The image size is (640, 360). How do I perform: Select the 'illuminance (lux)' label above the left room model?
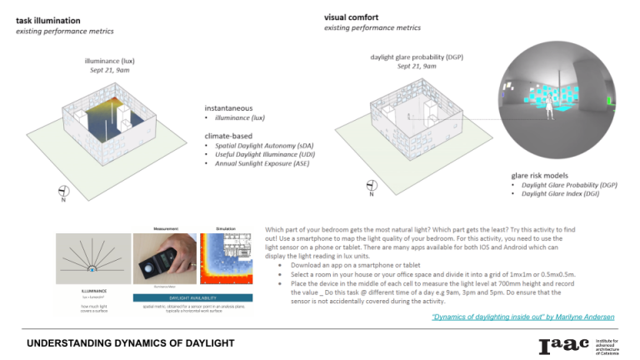pyautogui.click(x=113, y=61)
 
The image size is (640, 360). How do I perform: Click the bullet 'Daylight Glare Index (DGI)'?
pyautogui.click(x=555, y=193)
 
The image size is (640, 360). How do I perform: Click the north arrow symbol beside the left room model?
pyautogui.click(x=63, y=191)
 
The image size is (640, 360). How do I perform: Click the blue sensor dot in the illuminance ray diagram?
pyautogui.click(x=92, y=269)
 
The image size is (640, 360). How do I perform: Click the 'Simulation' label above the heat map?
pyautogui.click(x=227, y=227)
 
